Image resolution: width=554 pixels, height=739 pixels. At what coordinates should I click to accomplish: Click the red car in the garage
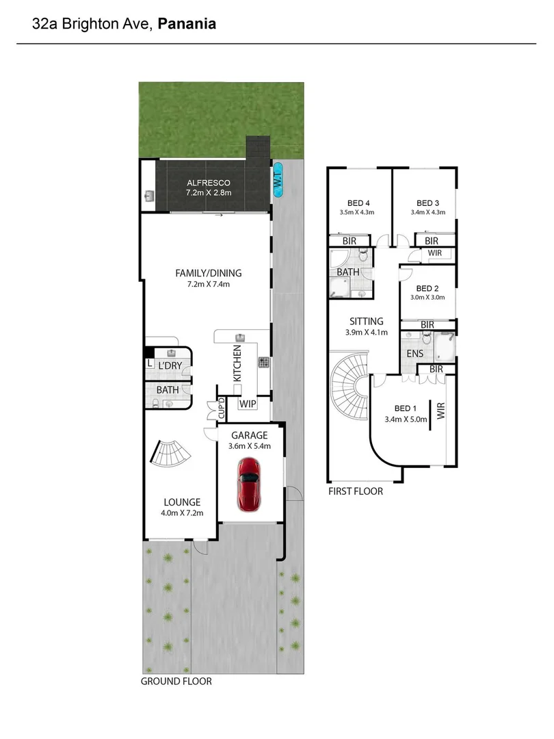coord(248,483)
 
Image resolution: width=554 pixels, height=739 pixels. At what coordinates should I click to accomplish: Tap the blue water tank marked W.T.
coord(278,180)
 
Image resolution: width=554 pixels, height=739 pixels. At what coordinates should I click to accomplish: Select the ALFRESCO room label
coord(209,183)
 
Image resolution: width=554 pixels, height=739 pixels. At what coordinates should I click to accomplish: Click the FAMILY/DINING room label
coord(209,273)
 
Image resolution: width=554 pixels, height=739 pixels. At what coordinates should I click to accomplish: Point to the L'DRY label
coord(170,366)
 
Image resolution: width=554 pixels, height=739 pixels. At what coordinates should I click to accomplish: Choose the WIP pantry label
coord(248,404)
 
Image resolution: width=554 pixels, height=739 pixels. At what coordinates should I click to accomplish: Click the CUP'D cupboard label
coord(222,409)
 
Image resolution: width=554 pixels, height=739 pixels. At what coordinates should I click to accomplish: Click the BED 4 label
coord(358,203)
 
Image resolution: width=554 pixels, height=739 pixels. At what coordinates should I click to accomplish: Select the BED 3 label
coord(427,203)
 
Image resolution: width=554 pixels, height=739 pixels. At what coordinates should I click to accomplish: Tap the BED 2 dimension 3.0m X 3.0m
coord(427,298)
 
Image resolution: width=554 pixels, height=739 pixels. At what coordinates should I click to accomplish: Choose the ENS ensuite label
coord(414,354)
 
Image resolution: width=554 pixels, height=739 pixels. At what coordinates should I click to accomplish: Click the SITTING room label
coord(367,321)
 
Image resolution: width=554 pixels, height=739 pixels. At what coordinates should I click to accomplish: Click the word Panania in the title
coord(187,24)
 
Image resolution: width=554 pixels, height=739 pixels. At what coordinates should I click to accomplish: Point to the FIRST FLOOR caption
coord(356,491)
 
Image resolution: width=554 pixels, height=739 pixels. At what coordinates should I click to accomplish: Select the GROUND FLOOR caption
coord(176,682)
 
